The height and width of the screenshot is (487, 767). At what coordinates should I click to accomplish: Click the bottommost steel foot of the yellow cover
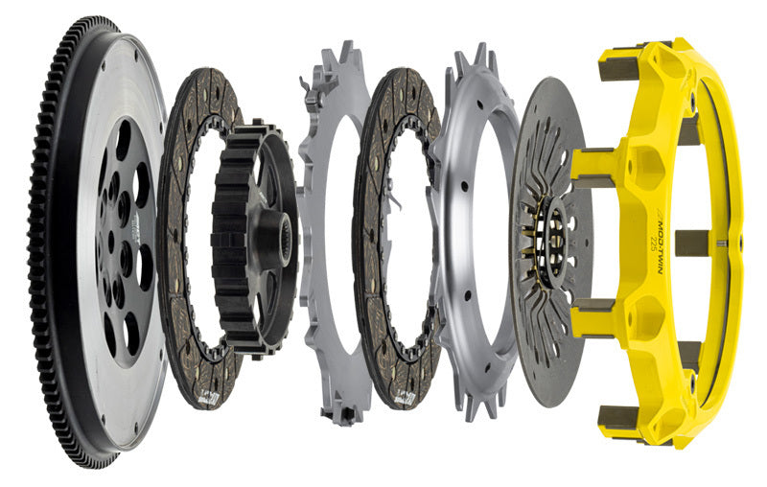point(614,418)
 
